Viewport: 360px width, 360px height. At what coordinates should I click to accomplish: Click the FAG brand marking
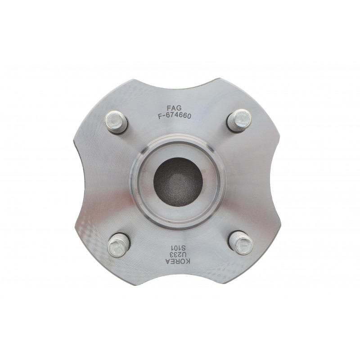[x=174, y=108]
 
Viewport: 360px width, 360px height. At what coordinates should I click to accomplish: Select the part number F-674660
[x=175, y=116]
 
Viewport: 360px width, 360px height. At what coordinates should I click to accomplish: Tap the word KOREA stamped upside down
[x=178, y=261]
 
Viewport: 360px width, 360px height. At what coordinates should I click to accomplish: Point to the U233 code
[x=178, y=255]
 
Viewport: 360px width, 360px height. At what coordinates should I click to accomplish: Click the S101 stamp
[x=178, y=248]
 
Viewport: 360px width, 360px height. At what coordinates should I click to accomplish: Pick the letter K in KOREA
[x=188, y=262]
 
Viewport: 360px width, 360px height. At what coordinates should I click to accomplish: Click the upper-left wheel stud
[x=117, y=122]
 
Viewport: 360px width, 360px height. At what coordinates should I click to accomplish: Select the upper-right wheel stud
[x=239, y=121]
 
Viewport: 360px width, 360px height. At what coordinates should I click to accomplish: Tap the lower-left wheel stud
[x=119, y=245]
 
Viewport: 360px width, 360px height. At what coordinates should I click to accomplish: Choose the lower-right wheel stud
[x=241, y=242]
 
